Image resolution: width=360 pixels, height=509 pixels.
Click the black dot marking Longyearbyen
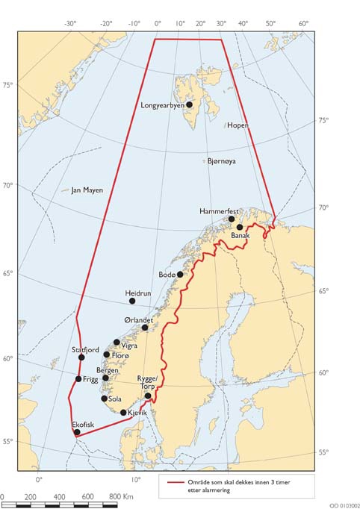190,104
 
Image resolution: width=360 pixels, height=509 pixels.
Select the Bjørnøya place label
226,161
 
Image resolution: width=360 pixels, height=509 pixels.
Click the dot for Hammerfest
232,219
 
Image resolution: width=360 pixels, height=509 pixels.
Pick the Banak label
239,236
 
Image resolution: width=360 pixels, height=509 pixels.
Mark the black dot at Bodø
180,275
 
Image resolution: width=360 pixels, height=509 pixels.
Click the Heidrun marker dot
132,301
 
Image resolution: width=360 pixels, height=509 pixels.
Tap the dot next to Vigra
117,343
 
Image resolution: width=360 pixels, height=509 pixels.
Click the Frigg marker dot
78,379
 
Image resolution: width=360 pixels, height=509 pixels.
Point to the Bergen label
108,370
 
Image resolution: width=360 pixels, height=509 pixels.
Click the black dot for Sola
105,399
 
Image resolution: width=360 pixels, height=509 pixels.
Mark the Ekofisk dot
77,432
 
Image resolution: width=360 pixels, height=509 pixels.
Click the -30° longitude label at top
70,23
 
